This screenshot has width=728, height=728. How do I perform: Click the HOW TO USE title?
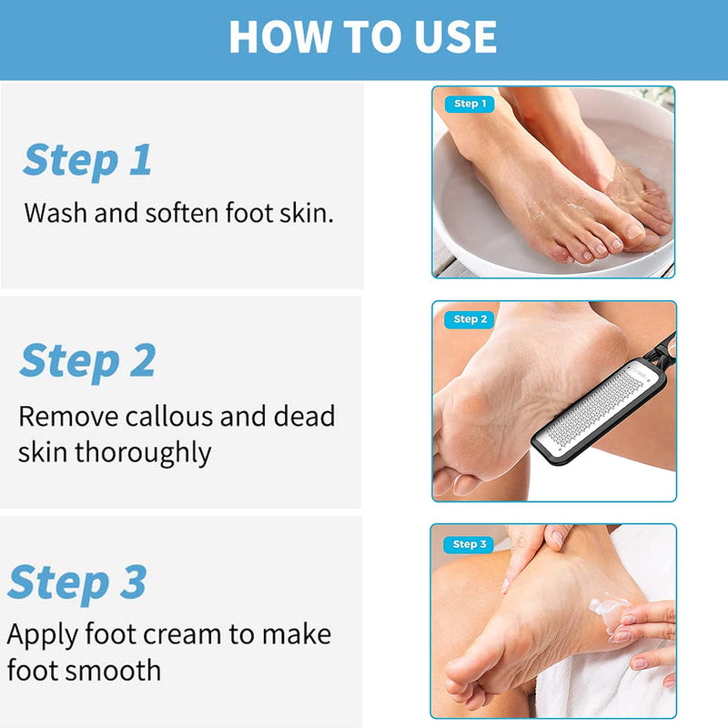[x=362, y=37]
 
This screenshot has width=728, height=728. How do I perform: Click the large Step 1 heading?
[x=87, y=160]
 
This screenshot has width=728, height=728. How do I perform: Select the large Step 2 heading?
[x=87, y=360]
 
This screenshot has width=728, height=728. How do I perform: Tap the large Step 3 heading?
[x=77, y=582]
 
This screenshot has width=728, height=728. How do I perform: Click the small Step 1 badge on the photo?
[x=470, y=104]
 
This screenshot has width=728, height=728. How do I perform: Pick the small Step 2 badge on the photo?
[x=470, y=319]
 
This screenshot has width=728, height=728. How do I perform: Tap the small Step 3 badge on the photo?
[x=470, y=544]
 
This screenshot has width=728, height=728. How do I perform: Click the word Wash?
[x=56, y=213]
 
